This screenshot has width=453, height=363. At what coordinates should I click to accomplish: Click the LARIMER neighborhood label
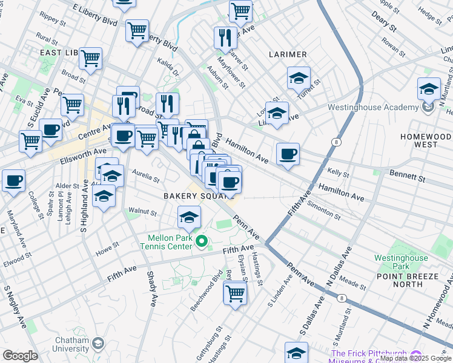click(x=288, y=54)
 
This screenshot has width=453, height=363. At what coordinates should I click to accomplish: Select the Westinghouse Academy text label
click(x=373, y=108)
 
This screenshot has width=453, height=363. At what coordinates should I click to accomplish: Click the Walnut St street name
click(x=142, y=213)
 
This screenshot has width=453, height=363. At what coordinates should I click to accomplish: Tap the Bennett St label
click(x=407, y=177)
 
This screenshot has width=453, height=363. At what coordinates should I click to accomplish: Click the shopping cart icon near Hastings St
click(x=234, y=293)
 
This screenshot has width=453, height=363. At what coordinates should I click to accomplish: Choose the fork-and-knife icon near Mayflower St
click(x=225, y=38)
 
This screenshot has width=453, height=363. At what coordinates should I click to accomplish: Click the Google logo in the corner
click(x=20, y=356)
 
